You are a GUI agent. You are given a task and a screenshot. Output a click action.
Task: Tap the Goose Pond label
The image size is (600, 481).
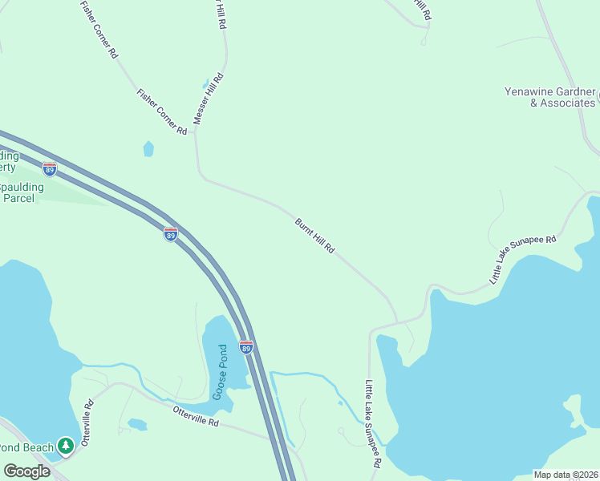click(x=221, y=372)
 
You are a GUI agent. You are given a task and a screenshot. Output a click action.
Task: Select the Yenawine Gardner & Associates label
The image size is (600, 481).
click(x=550, y=97)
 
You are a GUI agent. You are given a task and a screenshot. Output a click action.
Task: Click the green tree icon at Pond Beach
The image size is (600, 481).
click(x=66, y=447)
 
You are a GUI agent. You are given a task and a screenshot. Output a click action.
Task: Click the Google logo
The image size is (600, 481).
click(x=27, y=471)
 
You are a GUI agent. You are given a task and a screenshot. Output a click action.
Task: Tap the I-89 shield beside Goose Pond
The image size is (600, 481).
click(x=246, y=347)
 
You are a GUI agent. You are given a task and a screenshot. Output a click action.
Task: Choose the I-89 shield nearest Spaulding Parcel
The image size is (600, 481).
click(x=50, y=169)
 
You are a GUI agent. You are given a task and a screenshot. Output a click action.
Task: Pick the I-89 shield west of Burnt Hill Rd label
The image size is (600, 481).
click(x=171, y=234)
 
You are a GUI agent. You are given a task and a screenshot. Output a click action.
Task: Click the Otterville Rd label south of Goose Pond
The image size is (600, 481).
click(x=196, y=420)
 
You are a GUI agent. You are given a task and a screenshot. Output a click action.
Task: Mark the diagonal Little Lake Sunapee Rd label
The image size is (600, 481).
click(x=522, y=260)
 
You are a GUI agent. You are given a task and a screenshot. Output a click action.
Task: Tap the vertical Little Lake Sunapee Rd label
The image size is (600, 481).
click(x=372, y=424)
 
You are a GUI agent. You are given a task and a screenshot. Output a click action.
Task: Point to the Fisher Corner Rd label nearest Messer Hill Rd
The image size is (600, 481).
click(x=162, y=111)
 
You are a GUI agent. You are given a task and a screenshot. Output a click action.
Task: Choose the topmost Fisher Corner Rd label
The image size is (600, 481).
click(x=99, y=30)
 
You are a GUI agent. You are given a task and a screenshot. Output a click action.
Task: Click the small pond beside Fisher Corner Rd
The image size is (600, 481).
click(x=148, y=148)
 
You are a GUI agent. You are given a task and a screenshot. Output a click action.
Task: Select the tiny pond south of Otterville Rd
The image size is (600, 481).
click(x=136, y=423)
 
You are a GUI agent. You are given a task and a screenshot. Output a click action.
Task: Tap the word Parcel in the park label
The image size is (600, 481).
click(x=18, y=197)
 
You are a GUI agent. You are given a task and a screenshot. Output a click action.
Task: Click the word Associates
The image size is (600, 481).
click(x=567, y=103)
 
